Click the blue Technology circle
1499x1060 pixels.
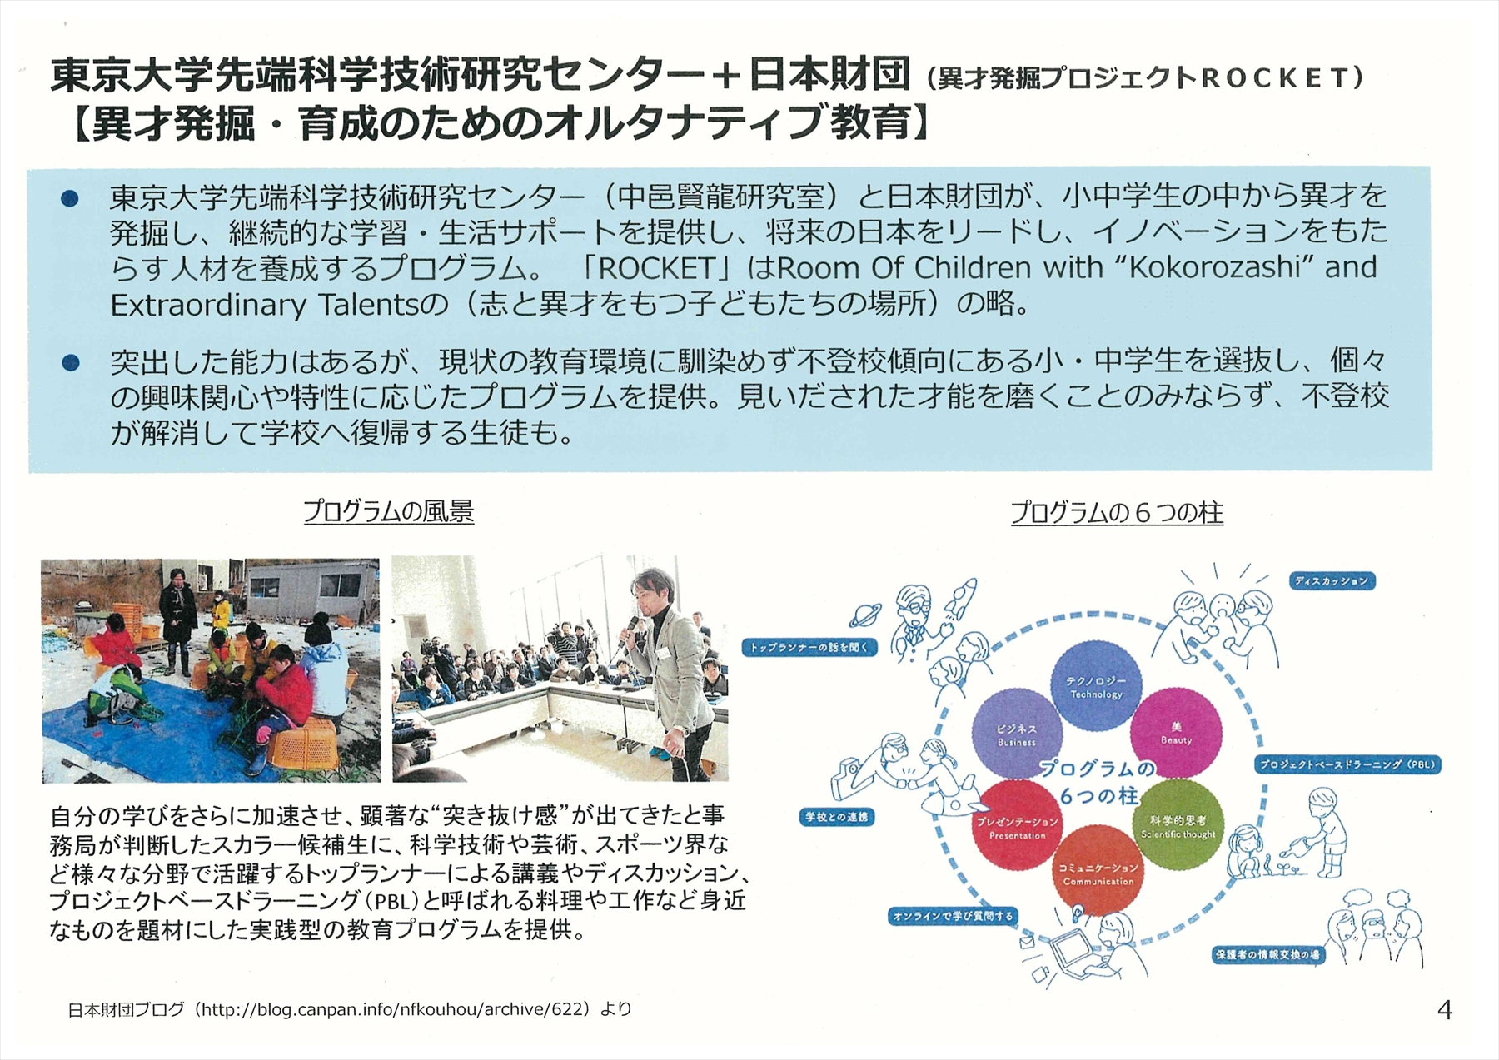(1096, 685)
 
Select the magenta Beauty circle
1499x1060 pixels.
(1176, 733)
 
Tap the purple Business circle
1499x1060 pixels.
(1017, 734)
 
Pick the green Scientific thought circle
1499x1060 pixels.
(1178, 825)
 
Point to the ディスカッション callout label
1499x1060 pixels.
(1332, 581)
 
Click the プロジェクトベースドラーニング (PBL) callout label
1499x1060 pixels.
(1347, 764)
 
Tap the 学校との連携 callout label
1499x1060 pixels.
(837, 817)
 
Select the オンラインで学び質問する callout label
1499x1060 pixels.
(953, 916)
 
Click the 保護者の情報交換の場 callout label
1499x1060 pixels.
(1267, 954)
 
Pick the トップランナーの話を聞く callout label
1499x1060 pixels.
(809, 647)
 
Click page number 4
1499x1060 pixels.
(1445, 1010)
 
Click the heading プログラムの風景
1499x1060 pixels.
(388, 511)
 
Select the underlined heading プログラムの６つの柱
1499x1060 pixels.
(1117, 513)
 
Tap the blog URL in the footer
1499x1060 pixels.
(396, 1010)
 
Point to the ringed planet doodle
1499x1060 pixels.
(865, 615)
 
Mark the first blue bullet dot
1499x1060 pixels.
(70, 198)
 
